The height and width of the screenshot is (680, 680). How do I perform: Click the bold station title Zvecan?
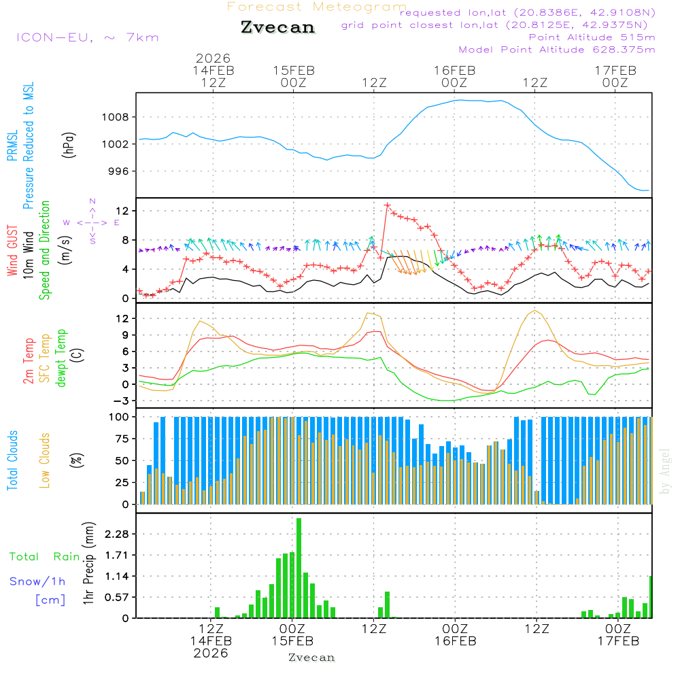pyautogui.click(x=277, y=27)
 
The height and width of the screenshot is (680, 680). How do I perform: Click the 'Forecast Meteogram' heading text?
pyautogui.click(x=317, y=7)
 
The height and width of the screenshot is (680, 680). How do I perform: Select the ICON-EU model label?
pyautogui.click(x=86, y=37)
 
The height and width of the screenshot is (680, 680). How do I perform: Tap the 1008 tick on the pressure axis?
pyautogui.click(x=115, y=117)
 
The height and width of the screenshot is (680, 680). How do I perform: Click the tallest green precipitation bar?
pyautogui.click(x=299, y=567)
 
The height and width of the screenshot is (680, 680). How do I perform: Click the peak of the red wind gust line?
pyautogui.click(x=387, y=205)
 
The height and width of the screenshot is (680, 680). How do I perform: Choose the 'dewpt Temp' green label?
pyautogui.click(x=62, y=358)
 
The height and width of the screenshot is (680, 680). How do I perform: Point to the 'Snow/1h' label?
pyautogui.click(x=37, y=581)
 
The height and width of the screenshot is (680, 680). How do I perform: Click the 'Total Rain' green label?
pyautogui.click(x=44, y=557)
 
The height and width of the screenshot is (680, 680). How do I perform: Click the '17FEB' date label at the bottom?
pyautogui.click(x=617, y=641)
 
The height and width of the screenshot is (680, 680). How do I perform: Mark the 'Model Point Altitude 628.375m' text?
pyautogui.click(x=557, y=50)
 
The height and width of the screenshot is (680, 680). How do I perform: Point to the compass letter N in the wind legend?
pyautogui.click(x=92, y=201)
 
